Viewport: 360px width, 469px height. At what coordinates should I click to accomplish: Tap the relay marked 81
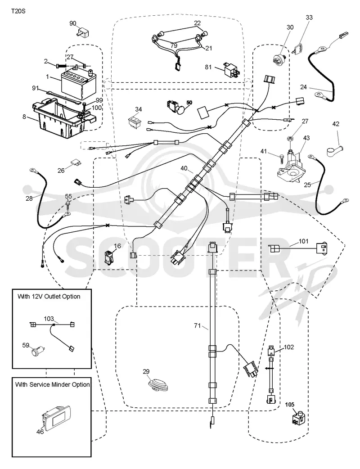[231, 70]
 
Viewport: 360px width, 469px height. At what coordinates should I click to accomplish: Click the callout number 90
[73, 23]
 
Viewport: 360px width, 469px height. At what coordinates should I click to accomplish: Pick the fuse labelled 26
[76, 163]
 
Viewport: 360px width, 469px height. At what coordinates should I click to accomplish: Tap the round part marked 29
[159, 385]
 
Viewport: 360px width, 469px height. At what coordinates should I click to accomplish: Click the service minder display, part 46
[56, 419]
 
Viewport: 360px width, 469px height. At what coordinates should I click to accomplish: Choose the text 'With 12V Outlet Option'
[49, 297]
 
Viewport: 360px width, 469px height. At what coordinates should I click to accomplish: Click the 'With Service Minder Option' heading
[52, 384]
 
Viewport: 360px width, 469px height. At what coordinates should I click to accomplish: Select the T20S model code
[18, 11]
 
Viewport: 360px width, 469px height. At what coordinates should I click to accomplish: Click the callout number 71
[198, 325]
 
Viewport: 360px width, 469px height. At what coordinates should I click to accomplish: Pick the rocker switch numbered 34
[135, 122]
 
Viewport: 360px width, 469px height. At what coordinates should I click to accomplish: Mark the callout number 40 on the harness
[184, 168]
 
